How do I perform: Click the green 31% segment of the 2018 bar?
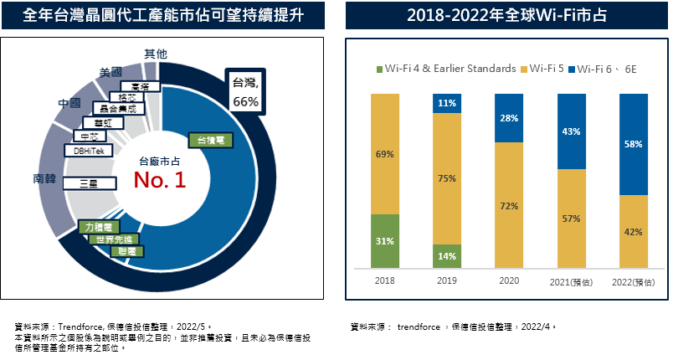[x=384, y=241]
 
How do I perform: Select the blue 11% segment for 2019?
[x=446, y=103]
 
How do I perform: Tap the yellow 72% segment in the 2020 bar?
[x=509, y=205]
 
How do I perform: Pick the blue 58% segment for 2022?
[x=633, y=144]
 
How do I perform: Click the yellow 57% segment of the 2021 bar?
[x=571, y=218]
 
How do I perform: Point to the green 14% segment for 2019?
[x=446, y=256]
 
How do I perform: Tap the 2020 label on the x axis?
[x=509, y=282]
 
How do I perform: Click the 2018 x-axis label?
[x=384, y=282]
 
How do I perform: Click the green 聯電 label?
[x=131, y=250]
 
